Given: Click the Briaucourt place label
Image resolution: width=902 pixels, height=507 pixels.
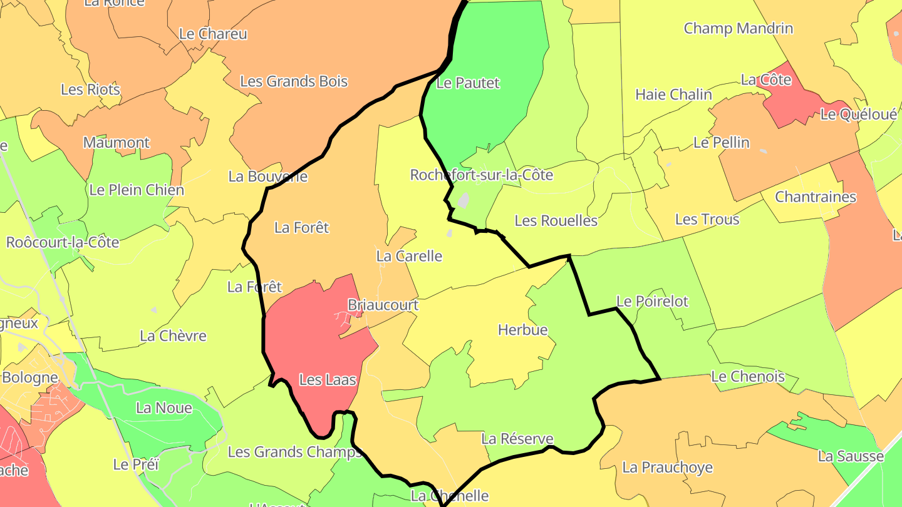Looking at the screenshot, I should tap(383, 305).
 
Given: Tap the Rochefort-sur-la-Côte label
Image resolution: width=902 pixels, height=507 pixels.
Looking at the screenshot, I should tap(481, 175).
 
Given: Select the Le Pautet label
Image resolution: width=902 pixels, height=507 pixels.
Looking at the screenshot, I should tap(467, 83).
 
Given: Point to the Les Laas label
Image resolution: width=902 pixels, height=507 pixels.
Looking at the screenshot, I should tap(328, 379).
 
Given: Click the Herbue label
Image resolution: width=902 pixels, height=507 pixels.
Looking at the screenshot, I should tap(522, 330).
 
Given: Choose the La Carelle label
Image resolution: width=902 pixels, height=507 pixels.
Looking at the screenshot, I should tap(409, 256).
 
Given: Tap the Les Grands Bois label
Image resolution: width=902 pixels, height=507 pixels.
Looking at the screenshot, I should tap(294, 81).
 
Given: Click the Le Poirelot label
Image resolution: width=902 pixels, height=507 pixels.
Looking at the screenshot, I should tap(652, 302).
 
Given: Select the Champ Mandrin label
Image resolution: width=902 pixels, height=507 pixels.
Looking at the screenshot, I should tap(738, 28).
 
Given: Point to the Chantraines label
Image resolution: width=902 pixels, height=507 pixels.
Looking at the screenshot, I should tap(816, 197).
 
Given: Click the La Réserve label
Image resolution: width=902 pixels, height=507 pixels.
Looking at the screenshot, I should tap(517, 439).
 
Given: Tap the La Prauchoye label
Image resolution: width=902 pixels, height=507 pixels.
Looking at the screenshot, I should tap(667, 468).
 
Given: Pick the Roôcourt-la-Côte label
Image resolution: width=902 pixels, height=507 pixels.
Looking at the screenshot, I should tap(63, 242).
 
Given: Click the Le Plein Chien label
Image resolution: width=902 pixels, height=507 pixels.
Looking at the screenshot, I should tap(137, 190).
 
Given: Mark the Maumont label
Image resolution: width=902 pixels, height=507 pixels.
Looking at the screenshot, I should tap(117, 143).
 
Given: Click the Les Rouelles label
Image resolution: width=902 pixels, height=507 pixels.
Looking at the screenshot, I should tap(556, 221).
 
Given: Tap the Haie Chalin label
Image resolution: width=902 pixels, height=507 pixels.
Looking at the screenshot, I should tap(673, 95).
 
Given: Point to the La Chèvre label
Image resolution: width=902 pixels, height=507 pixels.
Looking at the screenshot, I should tap(173, 336).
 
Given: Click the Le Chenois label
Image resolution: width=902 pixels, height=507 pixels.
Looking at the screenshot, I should tap(747, 377).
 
